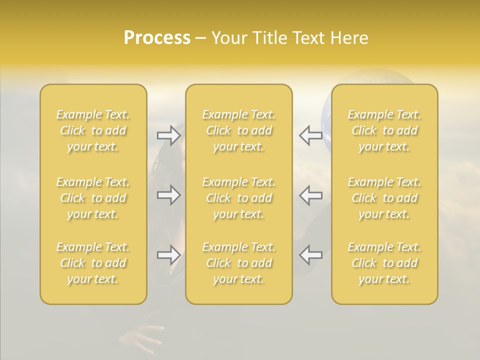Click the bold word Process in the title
pyautogui.click(x=157, y=38)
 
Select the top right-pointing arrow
pyautogui.click(x=168, y=135)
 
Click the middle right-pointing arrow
pyautogui.click(x=168, y=195)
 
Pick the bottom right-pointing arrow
pyautogui.click(x=168, y=255)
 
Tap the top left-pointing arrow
pyautogui.click(x=310, y=135)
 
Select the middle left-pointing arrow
pyautogui.click(x=310, y=195)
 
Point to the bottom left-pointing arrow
pyautogui.click(x=310, y=255)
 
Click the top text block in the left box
pyautogui.click(x=93, y=130)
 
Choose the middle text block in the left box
pyautogui.click(x=93, y=198)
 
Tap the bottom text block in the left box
pyautogui.click(x=93, y=263)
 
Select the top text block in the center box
pyautogui.click(x=238, y=130)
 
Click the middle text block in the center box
pyautogui.click(x=238, y=198)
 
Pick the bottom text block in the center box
pyautogui.click(x=238, y=263)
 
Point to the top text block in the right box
pyautogui.click(x=384, y=130)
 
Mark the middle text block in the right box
pyautogui.click(x=384, y=198)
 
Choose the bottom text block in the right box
pyautogui.click(x=384, y=263)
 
